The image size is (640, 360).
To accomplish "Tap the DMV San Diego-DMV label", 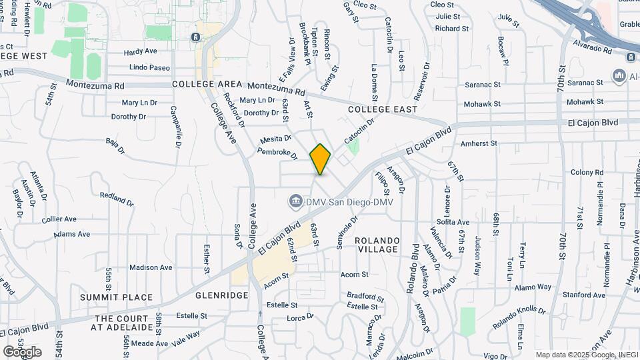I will click(349, 201).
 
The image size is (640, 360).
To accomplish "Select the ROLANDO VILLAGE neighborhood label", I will click(377, 245).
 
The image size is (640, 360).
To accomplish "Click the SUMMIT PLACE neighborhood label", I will click(116, 297).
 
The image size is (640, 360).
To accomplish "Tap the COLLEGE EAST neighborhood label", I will click(382, 109).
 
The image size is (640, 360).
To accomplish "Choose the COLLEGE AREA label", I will click(206, 85).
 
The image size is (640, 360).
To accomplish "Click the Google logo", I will click(22, 351).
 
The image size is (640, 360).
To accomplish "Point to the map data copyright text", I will click(586, 355).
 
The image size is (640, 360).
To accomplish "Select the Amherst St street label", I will click(479, 143).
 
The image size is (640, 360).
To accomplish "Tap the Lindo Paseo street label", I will click(150, 67).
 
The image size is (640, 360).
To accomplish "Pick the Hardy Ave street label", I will click(140, 51).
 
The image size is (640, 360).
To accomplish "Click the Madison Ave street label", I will click(151, 267).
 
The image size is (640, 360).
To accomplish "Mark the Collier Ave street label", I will click(59, 219).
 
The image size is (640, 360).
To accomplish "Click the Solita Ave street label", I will click(453, 222).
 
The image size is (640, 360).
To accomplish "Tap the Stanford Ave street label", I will click(584, 295).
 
